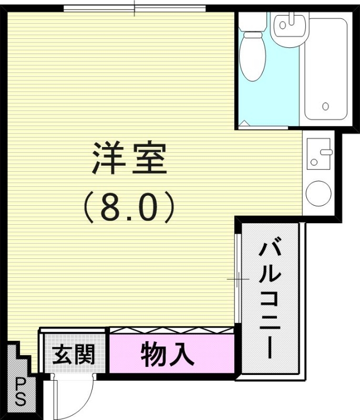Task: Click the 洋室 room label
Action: click(129, 158)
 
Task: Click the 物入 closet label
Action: click(168, 355)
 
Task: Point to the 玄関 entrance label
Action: click(74, 355)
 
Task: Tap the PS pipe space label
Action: click(20, 392)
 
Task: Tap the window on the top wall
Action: click(134, 8)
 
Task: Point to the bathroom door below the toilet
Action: click(263, 127)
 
